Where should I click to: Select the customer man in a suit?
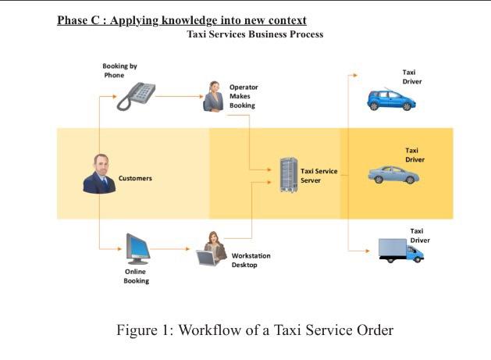tap(99, 174)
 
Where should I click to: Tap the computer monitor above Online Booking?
tap(137, 249)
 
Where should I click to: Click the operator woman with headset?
tap(212, 96)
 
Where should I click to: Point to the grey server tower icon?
tap(288, 174)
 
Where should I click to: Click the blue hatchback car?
tap(391, 99)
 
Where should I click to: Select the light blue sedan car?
tap(393, 174)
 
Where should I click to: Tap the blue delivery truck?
tap(400, 250)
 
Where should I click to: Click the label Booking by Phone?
tap(119, 70)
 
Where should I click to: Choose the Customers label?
tap(135, 179)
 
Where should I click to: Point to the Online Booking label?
tap(136, 276)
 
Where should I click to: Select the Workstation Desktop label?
tap(250, 260)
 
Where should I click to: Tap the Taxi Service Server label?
tap(319, 175)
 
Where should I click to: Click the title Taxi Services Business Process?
tap(255, 34)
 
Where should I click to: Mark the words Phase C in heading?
tap(80, 20)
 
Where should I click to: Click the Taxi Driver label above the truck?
tap(420, 235)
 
